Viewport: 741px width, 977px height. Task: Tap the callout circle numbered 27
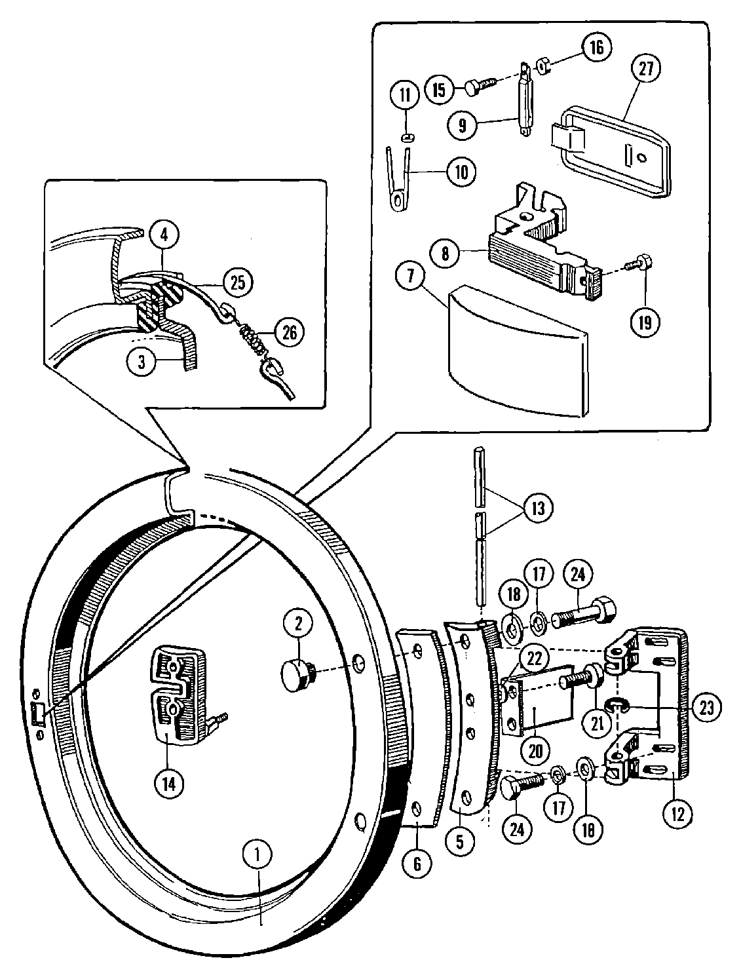[645, 71]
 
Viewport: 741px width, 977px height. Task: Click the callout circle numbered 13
[537, 507]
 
